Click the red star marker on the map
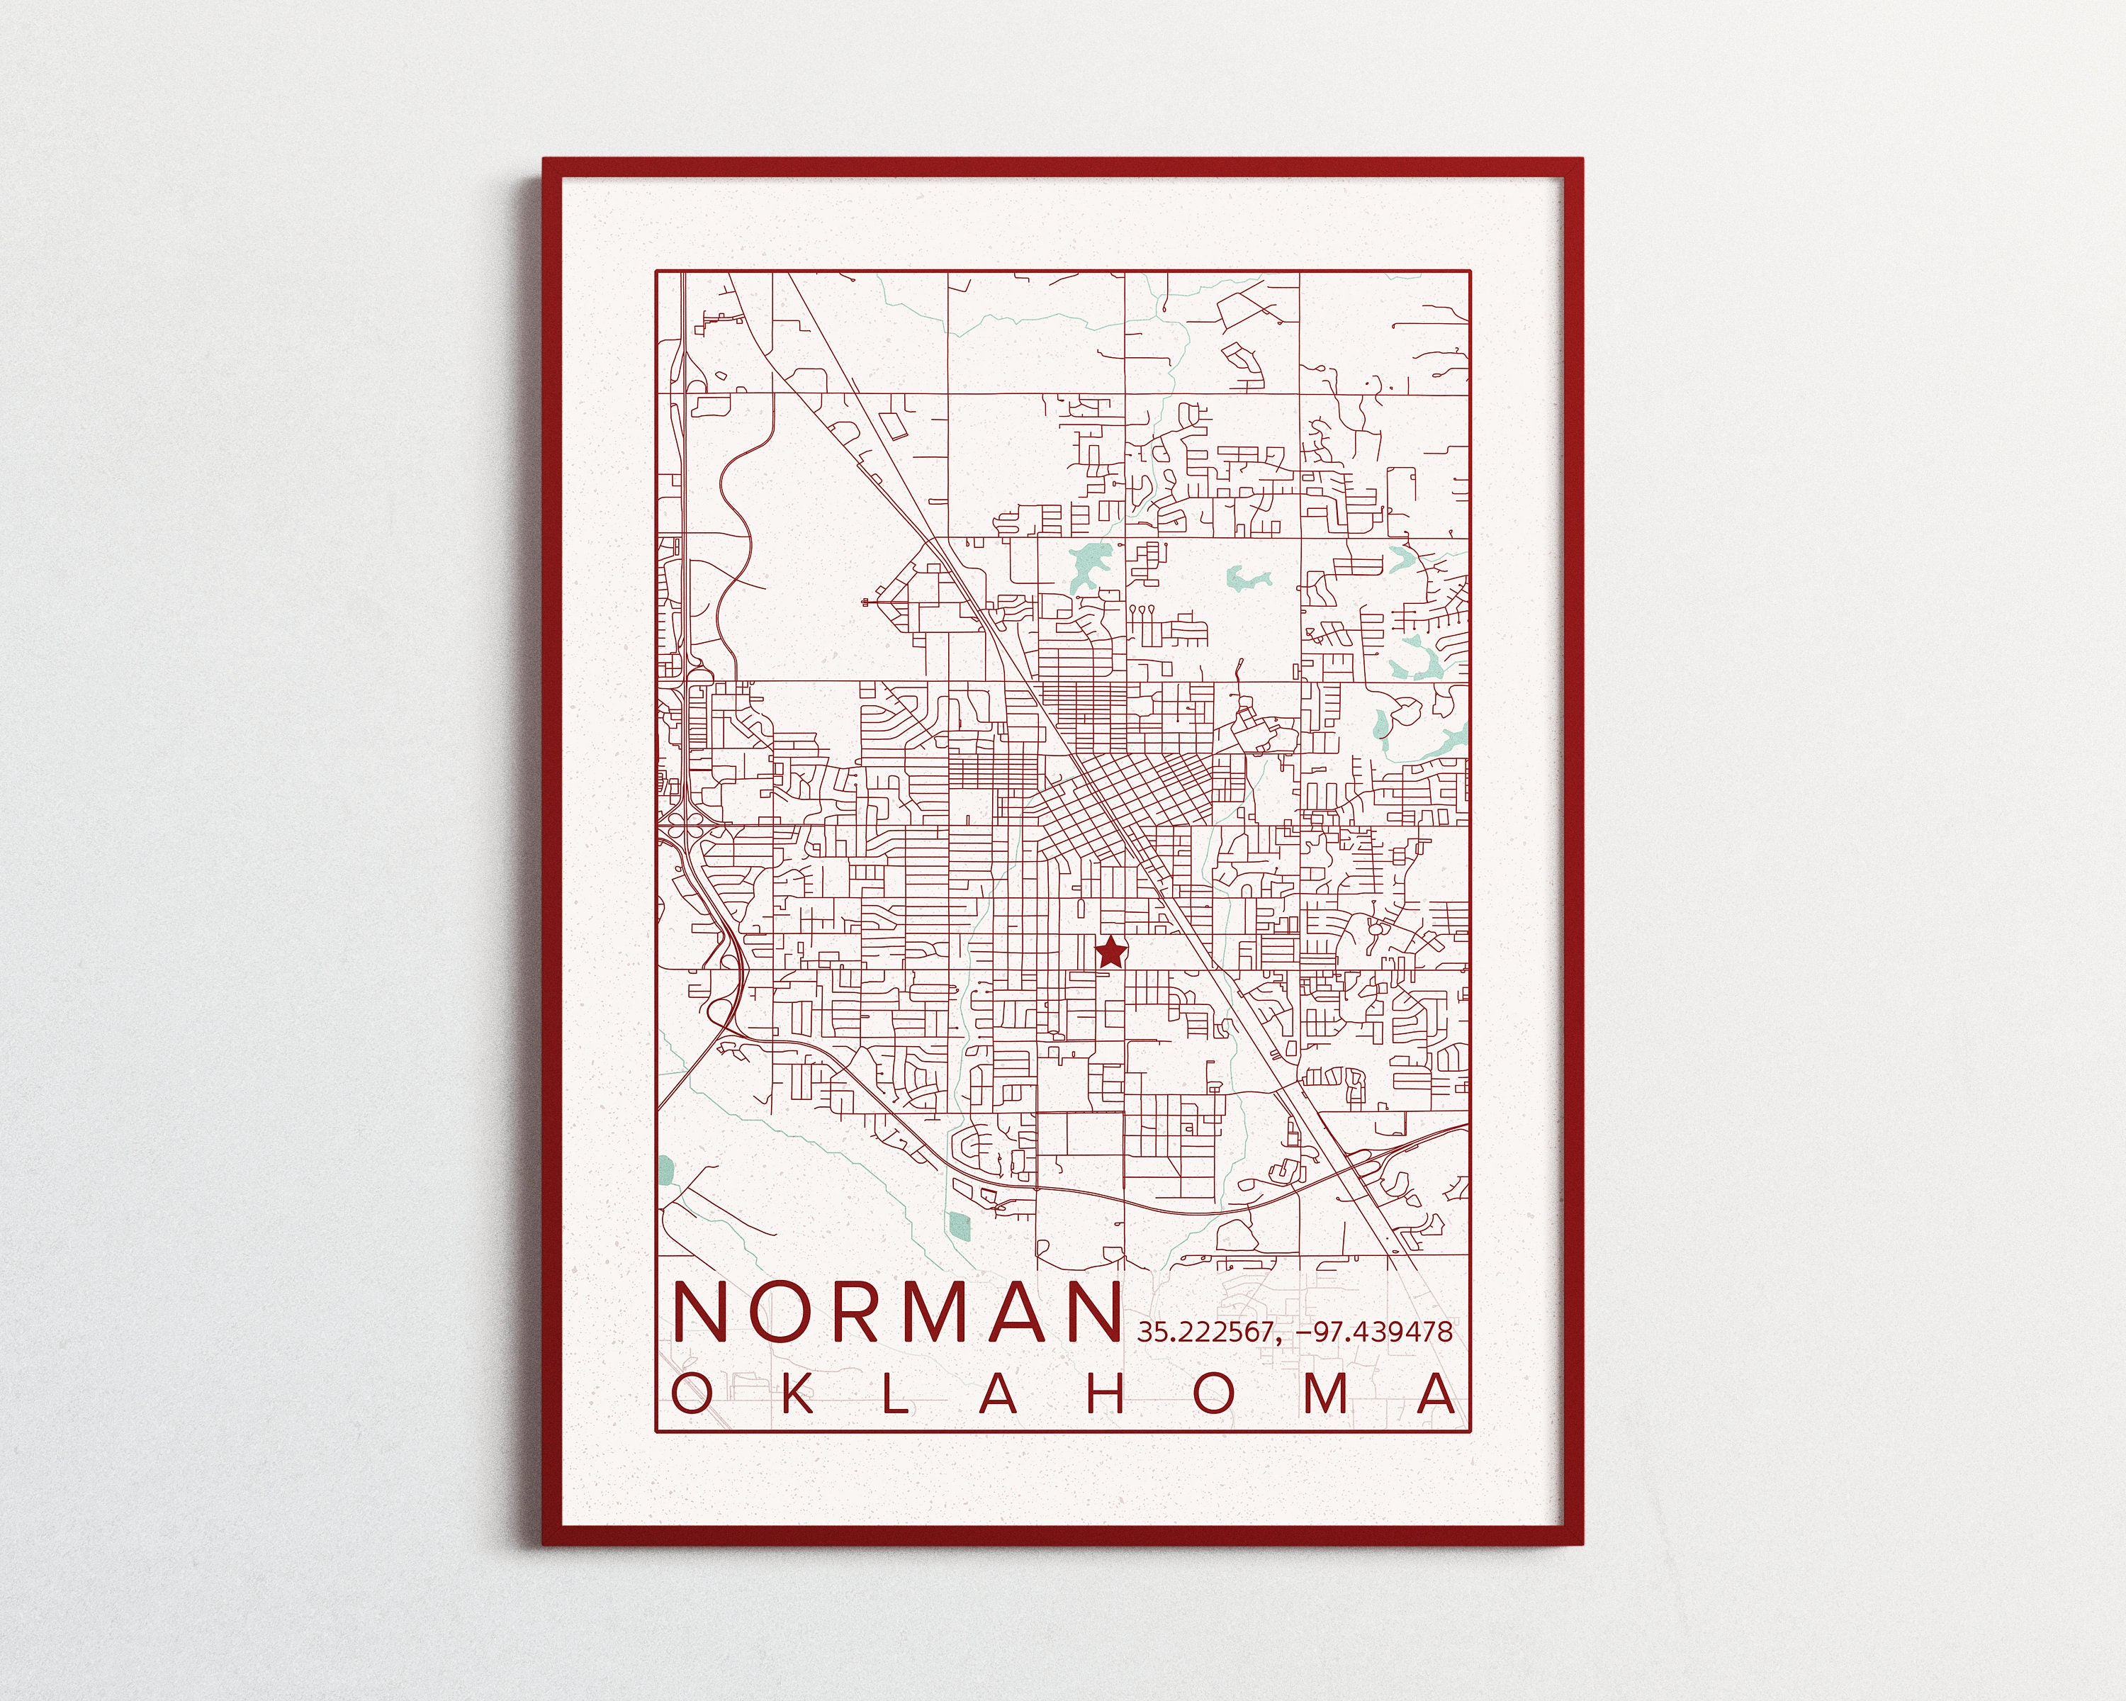coord(1111,952)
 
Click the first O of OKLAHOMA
coord(690,1394)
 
